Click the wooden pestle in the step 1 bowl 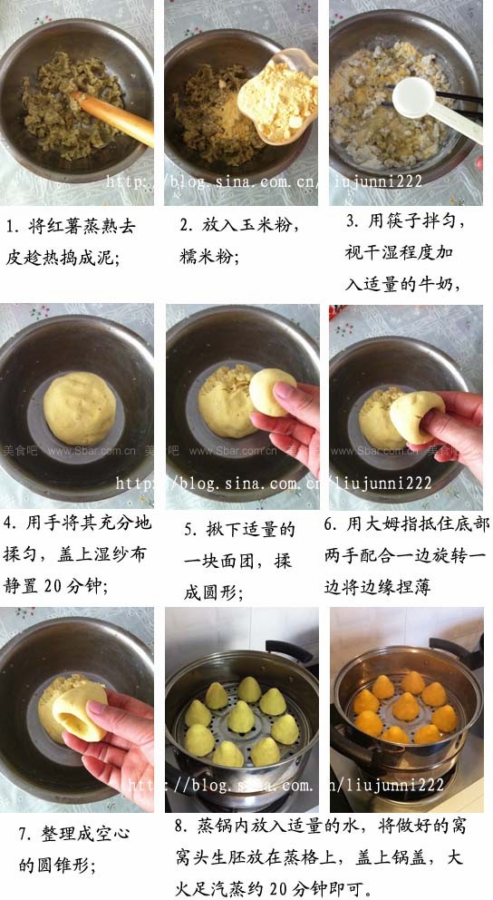tap(118, 118)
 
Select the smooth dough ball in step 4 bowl tap(79, 409)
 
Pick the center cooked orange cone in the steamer tap(405, 706)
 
